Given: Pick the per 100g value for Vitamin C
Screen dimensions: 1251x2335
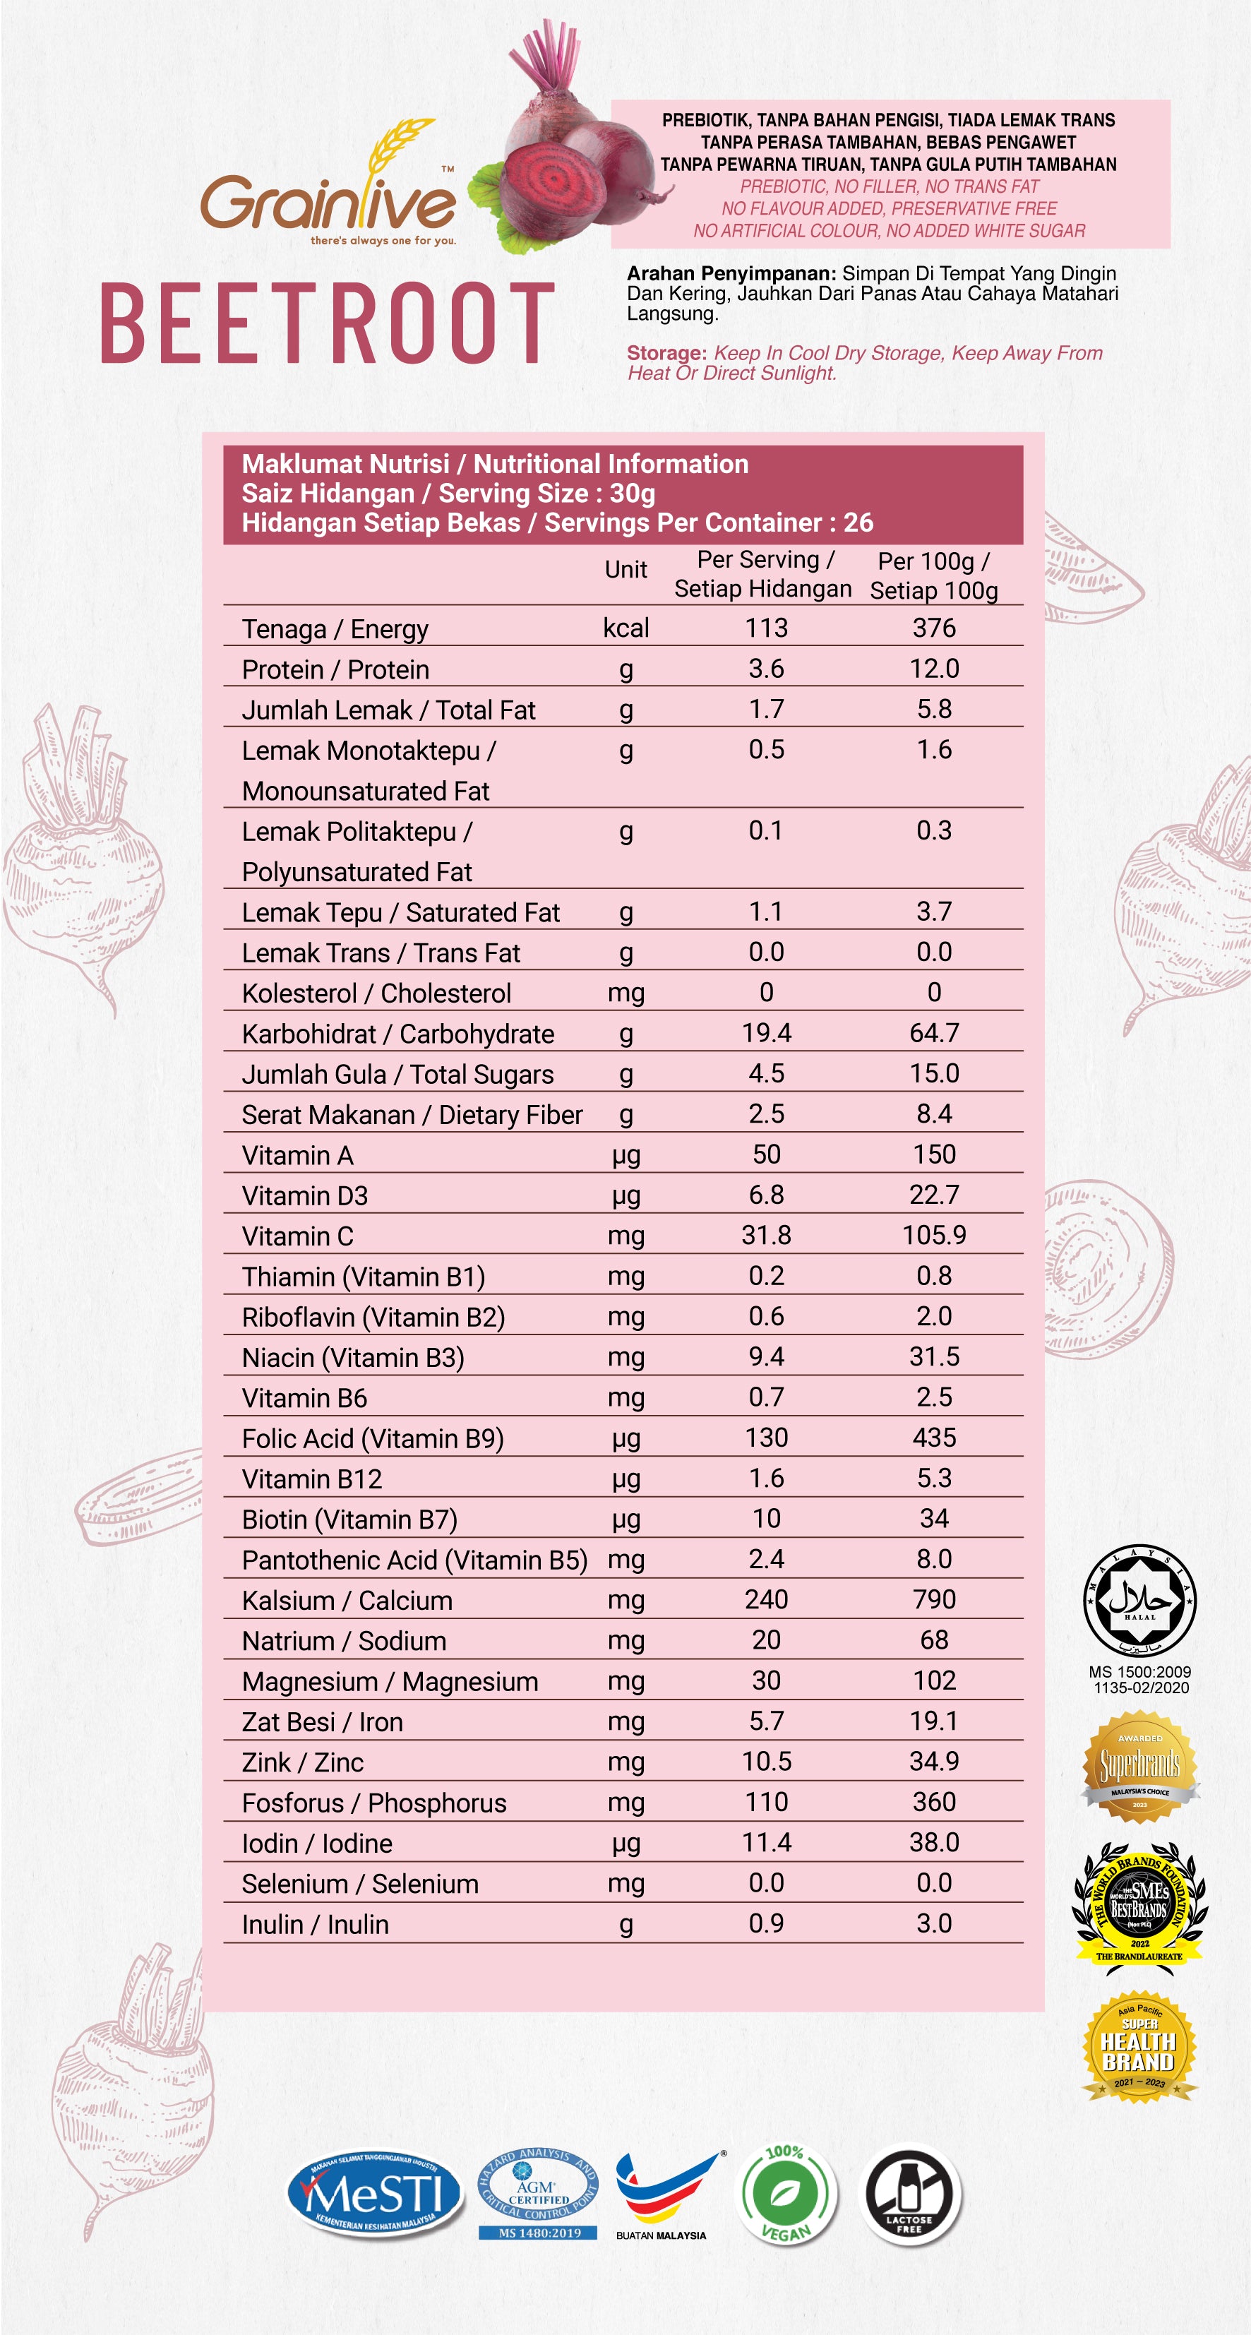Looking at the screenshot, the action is [934, 1234].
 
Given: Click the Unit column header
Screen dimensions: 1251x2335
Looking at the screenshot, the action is [625, 569].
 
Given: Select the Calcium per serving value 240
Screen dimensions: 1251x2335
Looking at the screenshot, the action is [766, 1599].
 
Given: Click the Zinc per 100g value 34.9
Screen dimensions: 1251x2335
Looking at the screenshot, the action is [934, 1761].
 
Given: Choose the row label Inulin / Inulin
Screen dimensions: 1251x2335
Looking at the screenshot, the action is [315, 1923].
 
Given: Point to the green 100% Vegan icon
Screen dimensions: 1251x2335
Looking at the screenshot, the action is [785, 2194].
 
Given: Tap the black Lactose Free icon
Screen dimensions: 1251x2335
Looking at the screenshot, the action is [909, 2194].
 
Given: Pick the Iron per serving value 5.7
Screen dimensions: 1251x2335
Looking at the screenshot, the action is [766, 1721].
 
